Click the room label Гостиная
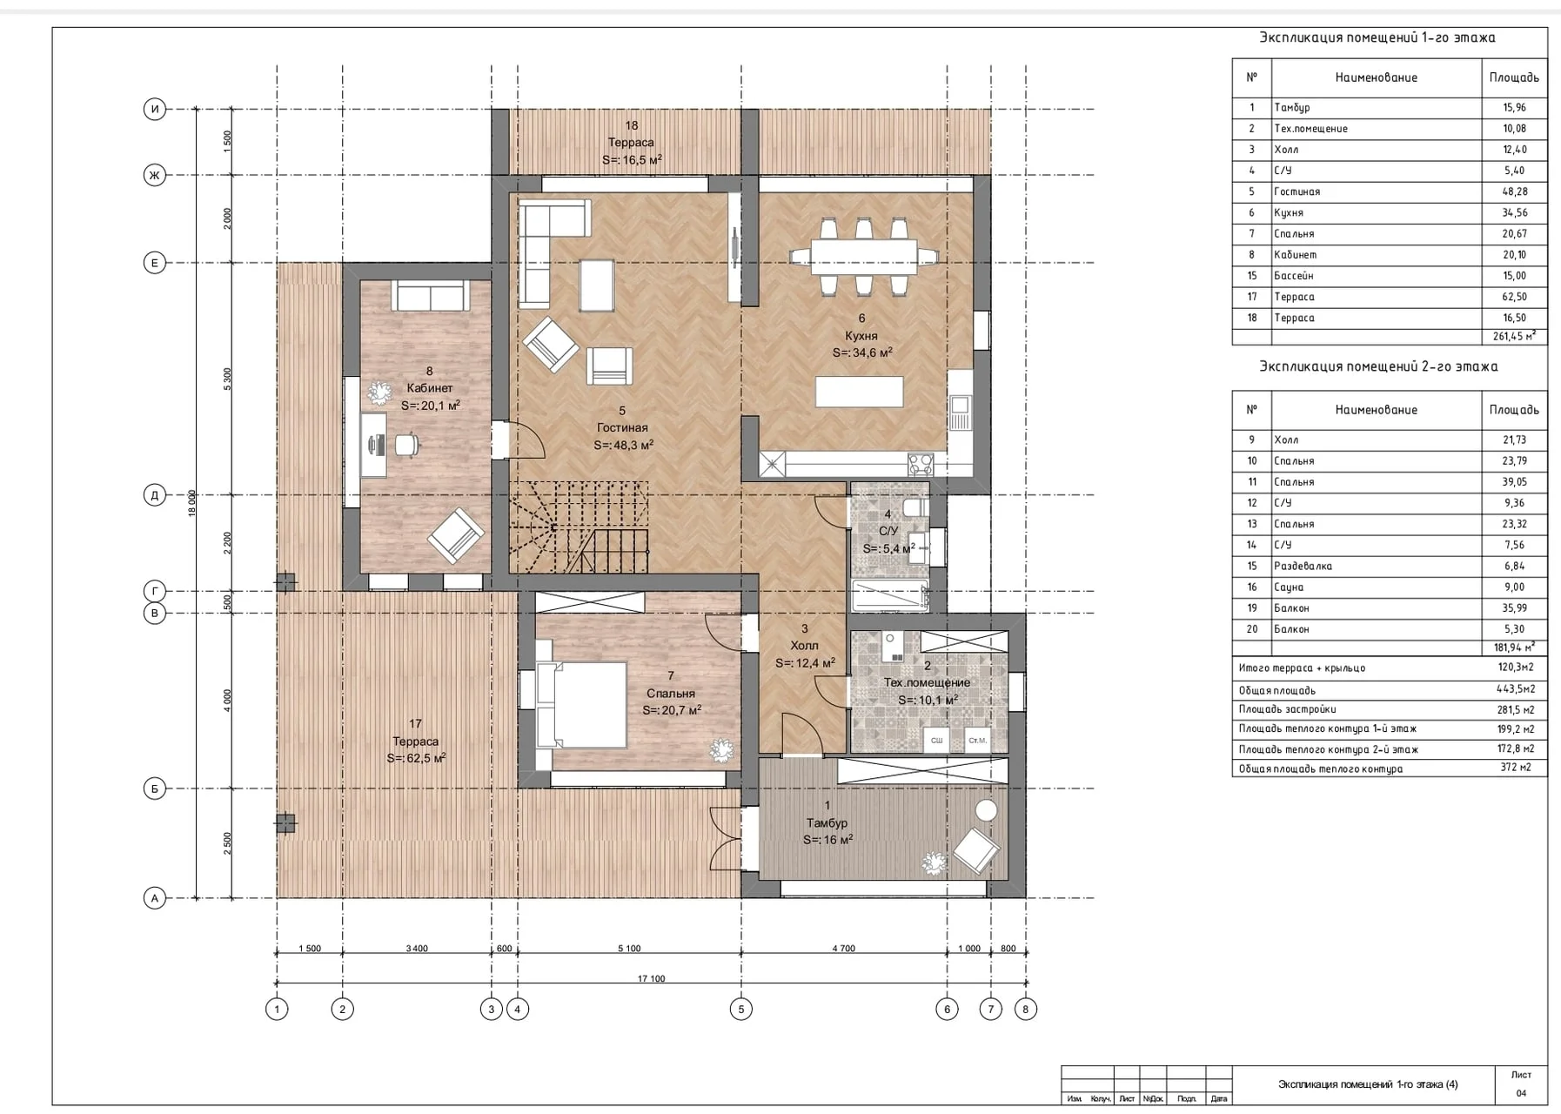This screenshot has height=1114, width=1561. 622,427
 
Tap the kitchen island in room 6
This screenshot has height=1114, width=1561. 859,392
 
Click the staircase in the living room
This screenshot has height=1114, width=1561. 579,527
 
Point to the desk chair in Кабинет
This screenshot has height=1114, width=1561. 405,445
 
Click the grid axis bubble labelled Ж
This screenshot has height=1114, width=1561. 154,175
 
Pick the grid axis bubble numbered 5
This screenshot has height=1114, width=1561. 741,1010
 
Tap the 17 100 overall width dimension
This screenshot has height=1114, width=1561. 651,979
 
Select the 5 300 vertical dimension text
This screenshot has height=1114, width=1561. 228,379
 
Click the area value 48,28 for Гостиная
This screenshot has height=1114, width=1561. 1514,191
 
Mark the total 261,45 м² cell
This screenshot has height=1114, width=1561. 1514,336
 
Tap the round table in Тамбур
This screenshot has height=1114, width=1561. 986,810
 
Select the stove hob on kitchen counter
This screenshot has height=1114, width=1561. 920,463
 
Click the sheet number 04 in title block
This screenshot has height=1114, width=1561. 1521,1093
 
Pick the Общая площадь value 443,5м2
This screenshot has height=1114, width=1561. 1514,689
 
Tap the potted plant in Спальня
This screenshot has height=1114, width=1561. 721,749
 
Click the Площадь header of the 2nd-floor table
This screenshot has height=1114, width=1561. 1514,410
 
